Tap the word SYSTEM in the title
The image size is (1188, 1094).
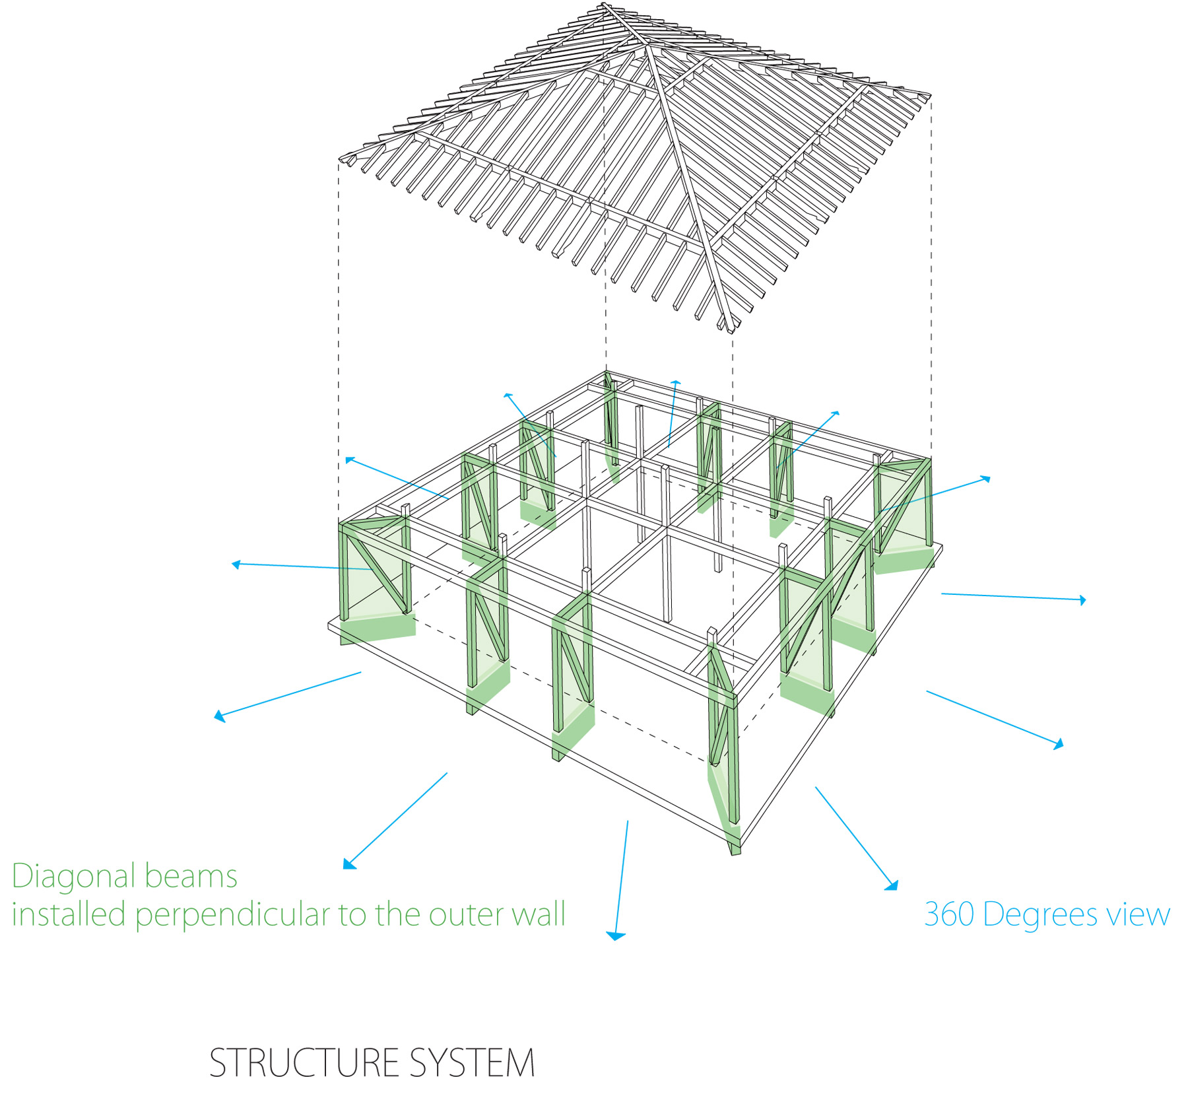pos(471,1062)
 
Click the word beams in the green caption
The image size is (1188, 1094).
pos(191,876)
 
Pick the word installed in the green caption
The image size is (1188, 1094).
pos(69,914)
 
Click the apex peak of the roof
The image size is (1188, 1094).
pos(604,5)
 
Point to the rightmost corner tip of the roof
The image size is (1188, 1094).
pos(930,96)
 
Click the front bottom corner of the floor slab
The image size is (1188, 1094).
pos(741,849)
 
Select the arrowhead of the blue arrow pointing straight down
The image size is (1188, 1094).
pos(615,935)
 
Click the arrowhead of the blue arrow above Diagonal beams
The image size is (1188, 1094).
pos(349,864)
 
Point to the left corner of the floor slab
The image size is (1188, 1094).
pos(329,624)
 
